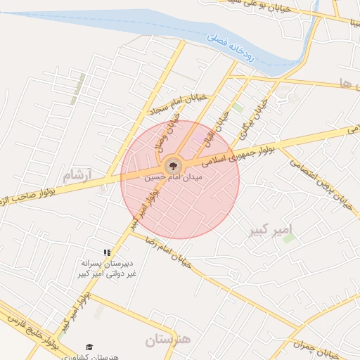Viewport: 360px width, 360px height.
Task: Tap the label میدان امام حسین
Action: click(x=173, y=179)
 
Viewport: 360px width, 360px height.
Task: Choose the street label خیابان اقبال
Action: click(x=223, y=120)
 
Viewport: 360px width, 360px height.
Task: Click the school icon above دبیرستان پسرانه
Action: click(x=107, y=252)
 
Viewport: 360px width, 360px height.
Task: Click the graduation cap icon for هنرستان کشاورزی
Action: click(x=89, y=347)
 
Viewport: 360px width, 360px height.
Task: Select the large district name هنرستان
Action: click(x=168, y=341)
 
